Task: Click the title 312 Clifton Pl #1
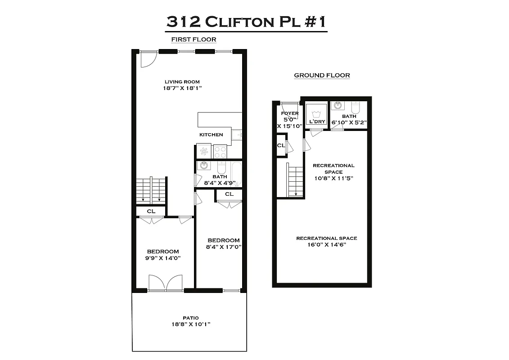(246, 21)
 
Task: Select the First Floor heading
(194, 40)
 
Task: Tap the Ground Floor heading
(322, 75)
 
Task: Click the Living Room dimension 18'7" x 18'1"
(182, 88)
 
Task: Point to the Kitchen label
(211, 135)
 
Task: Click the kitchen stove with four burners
(220, 151)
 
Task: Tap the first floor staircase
(151, 190)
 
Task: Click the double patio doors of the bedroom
(166, 283)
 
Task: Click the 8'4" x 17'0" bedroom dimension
(224, 247)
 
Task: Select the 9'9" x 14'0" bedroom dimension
(162, 258)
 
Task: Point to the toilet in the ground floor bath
(356, 108)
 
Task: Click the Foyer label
(290, 113)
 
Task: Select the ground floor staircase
(296, 180)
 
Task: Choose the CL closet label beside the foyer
(280, 145)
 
